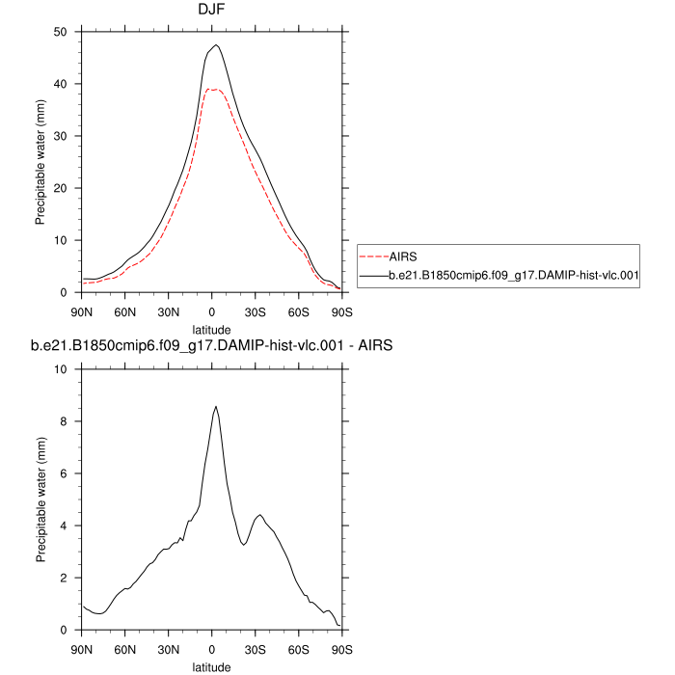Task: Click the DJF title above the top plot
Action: pyautogui.click(x=211, y=10)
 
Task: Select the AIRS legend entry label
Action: pyautogui.click(x=402, y=257)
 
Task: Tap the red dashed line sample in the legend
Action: pyautogui.click(x=372, y=257)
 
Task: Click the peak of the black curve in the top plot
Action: pyautogui.click(x=216, y=45)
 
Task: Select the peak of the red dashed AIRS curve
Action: pyautogui.click(x=213, y=89)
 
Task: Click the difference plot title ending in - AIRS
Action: pyautogui.click(x=211, y=348)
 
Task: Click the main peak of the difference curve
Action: pyautogui.click(x=216, y=406)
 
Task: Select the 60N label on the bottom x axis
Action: pyautogui.click(x=124, y=649)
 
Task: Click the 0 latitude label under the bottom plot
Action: pyautogui.click(x=211, y=649)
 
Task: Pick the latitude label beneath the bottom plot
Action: pyautogui.click(x=211, y=665)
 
